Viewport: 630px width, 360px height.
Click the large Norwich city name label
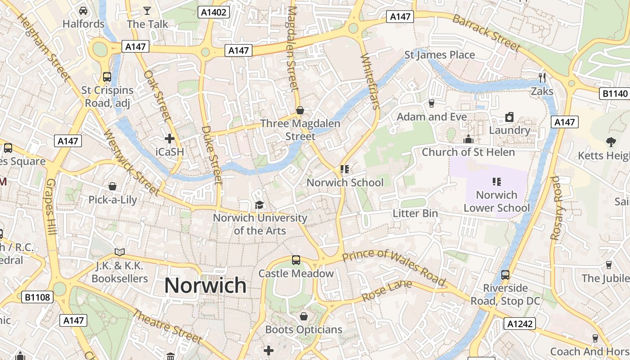205,286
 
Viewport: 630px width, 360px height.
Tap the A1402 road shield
214,12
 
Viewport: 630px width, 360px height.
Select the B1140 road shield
615,94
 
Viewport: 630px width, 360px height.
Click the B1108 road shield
38,297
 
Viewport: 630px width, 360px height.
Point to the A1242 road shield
519,324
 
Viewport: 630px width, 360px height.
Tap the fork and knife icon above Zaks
542,77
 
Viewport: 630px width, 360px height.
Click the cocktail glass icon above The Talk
147,10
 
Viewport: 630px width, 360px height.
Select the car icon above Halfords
83,10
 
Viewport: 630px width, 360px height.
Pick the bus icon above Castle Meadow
296,260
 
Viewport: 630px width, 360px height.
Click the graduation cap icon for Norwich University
259,205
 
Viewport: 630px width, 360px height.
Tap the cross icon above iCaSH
170,139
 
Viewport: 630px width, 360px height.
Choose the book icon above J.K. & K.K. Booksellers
119,252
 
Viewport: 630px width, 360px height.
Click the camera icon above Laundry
509,117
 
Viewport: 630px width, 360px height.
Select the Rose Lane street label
387,291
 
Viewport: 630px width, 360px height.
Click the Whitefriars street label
370,81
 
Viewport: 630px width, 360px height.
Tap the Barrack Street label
486,32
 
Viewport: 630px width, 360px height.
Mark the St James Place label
440,55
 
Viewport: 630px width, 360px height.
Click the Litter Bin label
415,213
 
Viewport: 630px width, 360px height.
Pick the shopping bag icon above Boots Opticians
304,316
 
